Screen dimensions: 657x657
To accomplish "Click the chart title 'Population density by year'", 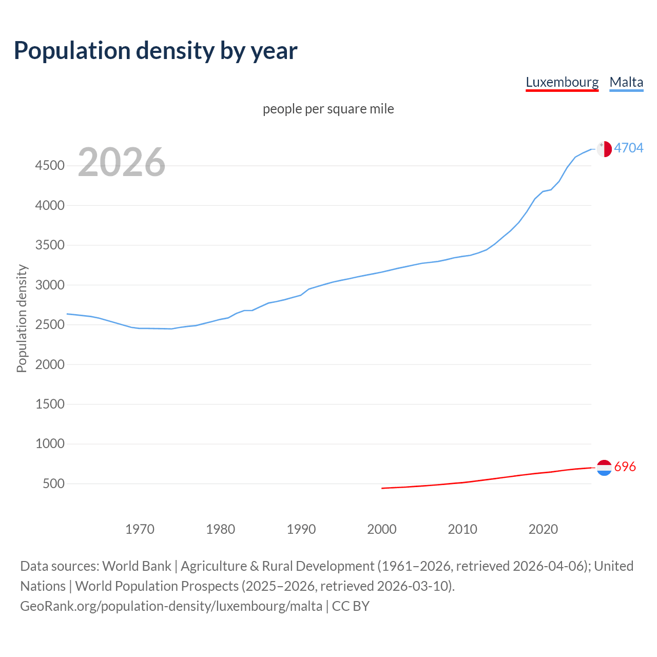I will click(156, 51).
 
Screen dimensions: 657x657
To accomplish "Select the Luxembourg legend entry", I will click(562, 83).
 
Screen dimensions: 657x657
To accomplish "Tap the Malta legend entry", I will click(626, 83).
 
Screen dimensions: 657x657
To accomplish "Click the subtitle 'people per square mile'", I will click(328, 109).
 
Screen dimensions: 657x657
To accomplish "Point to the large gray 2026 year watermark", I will click(122, 162).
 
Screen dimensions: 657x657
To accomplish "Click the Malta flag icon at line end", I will click(604, 149).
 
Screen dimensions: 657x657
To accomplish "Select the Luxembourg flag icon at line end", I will click(604, 468).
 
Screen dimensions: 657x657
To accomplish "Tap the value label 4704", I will click(629, 148).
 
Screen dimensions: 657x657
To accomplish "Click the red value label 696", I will click(625, 467).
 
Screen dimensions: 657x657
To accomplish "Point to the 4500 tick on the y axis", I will click(50, 166).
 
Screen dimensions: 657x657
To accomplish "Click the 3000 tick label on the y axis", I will click(50, 285).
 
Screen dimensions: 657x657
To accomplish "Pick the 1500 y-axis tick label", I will click(50, 404).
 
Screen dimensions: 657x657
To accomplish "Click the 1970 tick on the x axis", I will click(140, 529).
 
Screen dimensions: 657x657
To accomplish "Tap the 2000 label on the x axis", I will click(382, 529).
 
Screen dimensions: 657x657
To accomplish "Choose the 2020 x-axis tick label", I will click(543, 529).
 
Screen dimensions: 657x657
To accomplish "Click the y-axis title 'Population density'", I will click(22, 318).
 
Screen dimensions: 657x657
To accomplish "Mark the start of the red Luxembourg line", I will click(382, 488).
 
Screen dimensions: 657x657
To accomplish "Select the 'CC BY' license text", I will click(351, 606).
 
